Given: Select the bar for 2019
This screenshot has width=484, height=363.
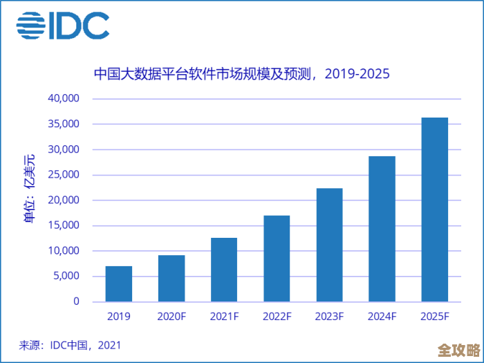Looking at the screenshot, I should (x=119, y=284).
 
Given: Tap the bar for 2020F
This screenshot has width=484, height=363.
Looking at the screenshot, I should (x=171, y=279).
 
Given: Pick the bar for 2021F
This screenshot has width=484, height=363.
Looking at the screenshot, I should (x=224, y=270).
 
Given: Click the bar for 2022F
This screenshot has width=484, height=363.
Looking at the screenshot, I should (x=277, y=259).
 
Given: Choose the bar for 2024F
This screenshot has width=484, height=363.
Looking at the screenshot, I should (x=382, y=229).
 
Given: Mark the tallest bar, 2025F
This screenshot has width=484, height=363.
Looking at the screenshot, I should (x=434, y=210).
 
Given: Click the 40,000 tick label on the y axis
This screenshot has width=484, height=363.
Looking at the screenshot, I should (x=64, y=99).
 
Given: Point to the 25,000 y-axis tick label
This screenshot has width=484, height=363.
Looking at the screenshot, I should (x=64, y=175).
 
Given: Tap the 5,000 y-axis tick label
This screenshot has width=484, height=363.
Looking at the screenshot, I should (x=66, y=277).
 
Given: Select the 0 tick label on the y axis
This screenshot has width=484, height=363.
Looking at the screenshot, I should (x=77, y=302).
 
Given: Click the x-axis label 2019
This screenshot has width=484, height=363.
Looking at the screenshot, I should (x=119, y=317).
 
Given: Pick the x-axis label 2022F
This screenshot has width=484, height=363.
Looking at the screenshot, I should (x=277, y=317).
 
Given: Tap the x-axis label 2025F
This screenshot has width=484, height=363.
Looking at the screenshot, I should (x=434, y=317).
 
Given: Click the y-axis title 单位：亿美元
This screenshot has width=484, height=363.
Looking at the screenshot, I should (x=30, y=187).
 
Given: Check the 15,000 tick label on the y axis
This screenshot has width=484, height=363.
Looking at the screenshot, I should (x=64, y=226).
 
